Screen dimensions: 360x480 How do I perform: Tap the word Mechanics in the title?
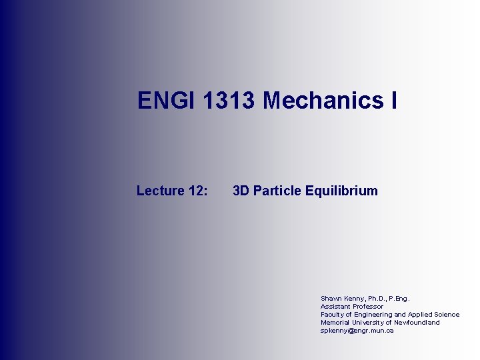(x=321, y=101)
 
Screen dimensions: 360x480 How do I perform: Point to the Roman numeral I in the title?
(x=394, y=101)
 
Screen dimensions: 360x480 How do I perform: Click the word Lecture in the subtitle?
(x=161, y=191)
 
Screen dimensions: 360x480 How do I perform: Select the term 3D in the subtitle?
(x=241, y=191)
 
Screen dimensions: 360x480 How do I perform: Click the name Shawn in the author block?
(x=330, y=299)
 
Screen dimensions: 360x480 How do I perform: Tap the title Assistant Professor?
(x=352, y=307)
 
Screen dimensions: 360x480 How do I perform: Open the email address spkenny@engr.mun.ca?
(x=357, y=331)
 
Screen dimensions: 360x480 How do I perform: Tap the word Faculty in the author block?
(x=331, y=315)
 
